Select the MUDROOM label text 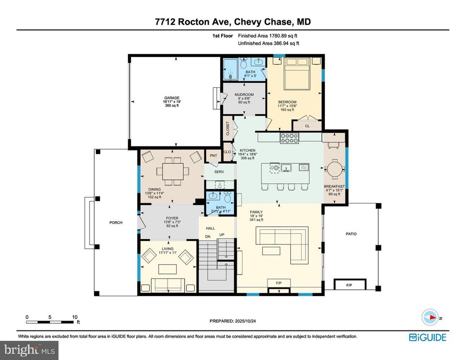point(244,94)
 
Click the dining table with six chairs point(172,171)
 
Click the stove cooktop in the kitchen point(289,138)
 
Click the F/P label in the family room point(279,283)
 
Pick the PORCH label point(116,223)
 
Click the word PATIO point(351,234)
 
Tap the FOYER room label point(172,219)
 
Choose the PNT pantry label point(213,155)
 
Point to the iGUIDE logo point(427,337)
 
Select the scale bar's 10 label point(74,317)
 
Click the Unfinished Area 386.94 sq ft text point(268,43)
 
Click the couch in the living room point(167,284)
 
